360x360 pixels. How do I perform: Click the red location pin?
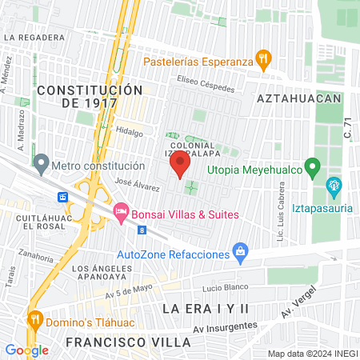pos(179,166)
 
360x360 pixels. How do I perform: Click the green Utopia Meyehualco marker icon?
pos(314,169)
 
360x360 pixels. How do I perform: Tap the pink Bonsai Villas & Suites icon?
pos(122,213)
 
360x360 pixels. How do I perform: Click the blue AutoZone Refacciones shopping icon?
pos(240,254)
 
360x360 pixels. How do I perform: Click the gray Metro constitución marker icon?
pos(42,166)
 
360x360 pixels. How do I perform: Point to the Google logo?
pos(26,350)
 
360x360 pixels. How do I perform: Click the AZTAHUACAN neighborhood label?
pos(298,98)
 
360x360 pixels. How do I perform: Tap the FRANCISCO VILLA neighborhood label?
pos(128,342)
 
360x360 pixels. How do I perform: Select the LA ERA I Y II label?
pos(206,308)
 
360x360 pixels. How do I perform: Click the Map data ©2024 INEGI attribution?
pos(313,353)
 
